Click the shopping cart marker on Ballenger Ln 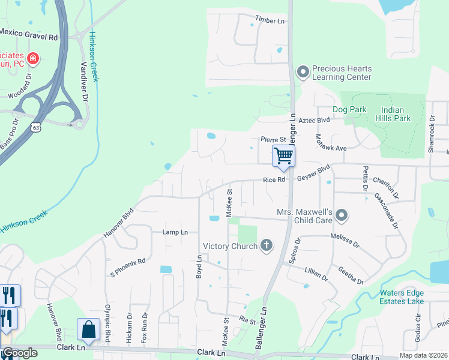(283, 157)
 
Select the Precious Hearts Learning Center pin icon (303, 73)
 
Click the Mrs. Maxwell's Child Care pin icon (342, 215)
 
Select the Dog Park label (349, 110)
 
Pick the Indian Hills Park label (396, 114)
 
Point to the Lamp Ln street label (175, 232)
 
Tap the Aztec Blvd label (315, 121)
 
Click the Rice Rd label (273, 179)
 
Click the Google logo (20, 353)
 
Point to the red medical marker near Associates (32, 59)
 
